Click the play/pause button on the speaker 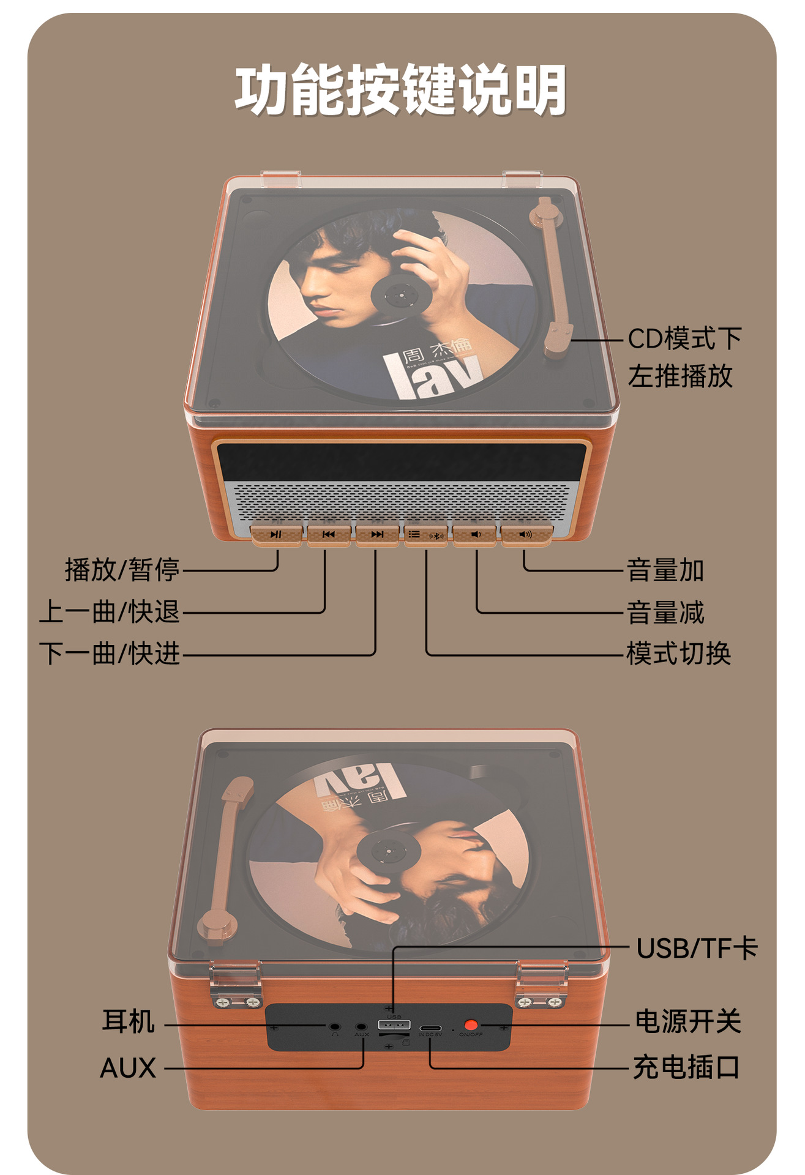(276, 534)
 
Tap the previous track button (329, 534)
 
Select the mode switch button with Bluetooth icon (426, 535)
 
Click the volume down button (475, 534)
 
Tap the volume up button (526, 534)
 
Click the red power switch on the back (471, 1024)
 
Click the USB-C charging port (430, 1026)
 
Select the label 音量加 (665, 570)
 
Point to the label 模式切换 (678, 654)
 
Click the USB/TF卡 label (697, 949)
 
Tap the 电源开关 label (688, 1021)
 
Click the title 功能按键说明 (401, 90)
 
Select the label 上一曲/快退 (110, 611)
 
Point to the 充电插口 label (686, 1067)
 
